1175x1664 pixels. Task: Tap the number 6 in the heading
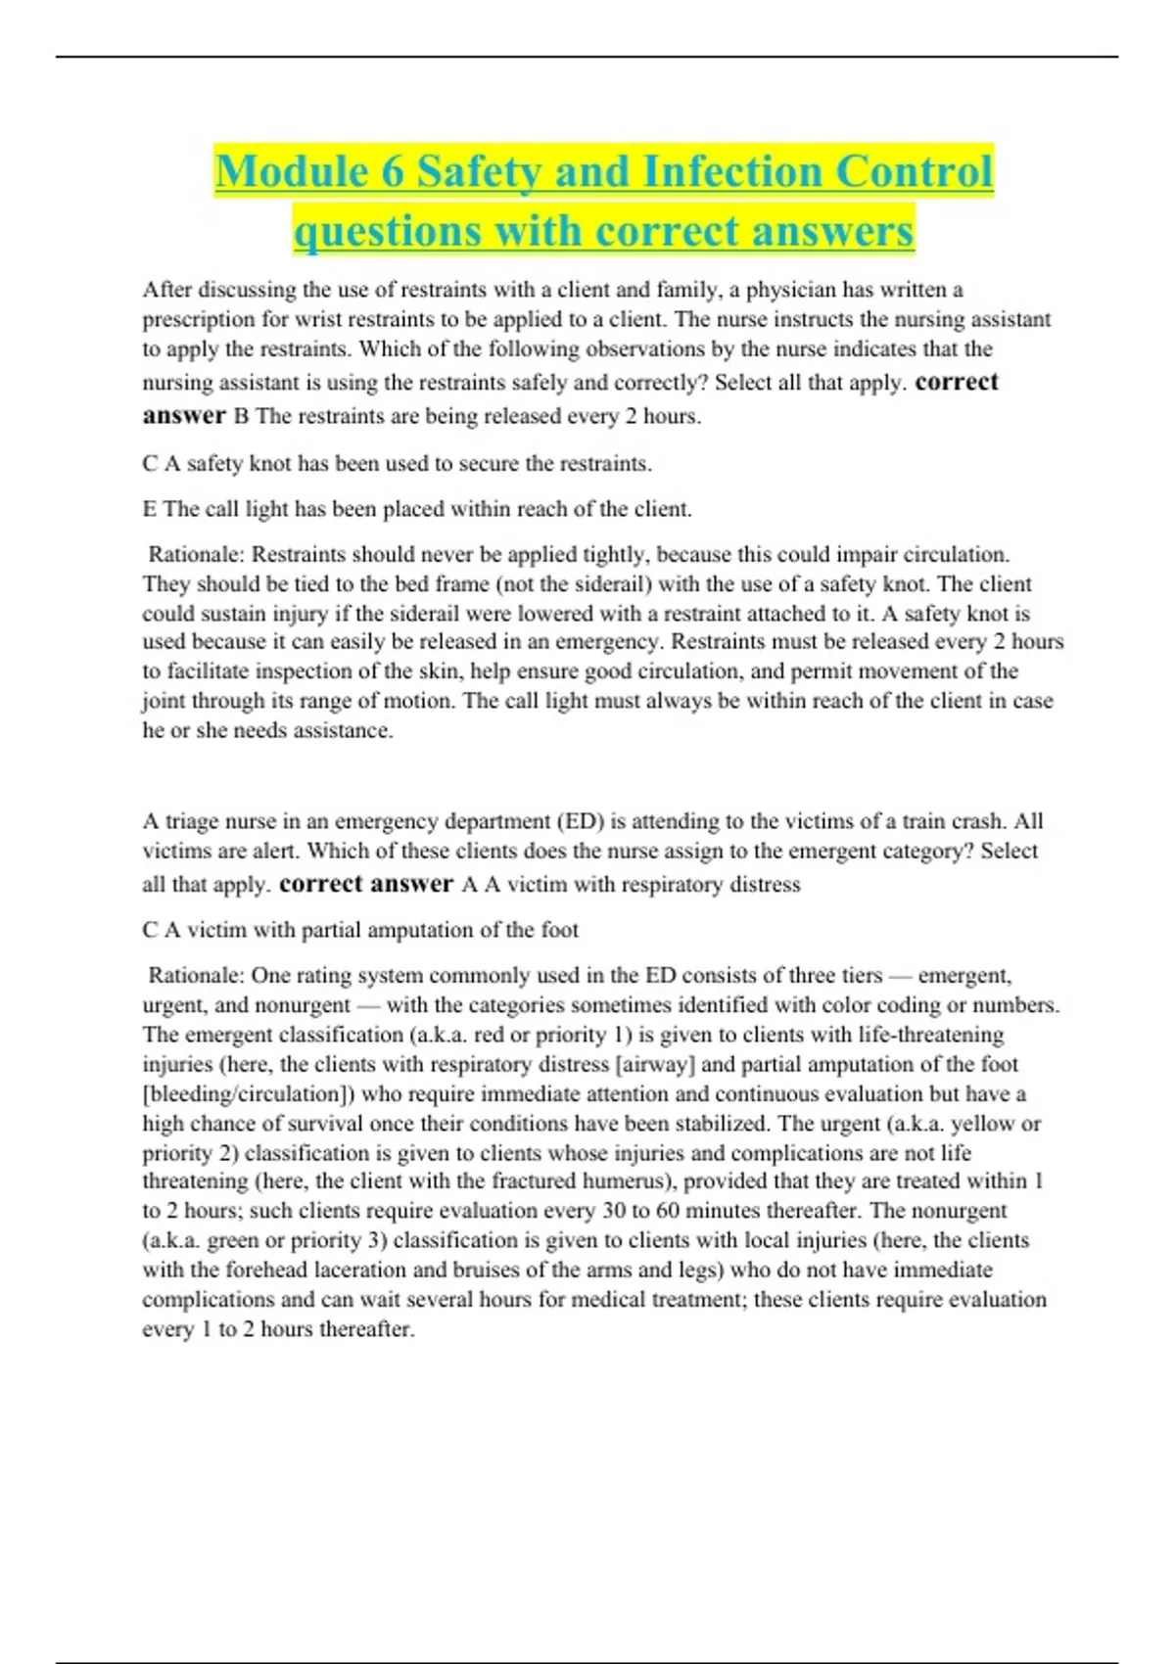click(x=393, y=172)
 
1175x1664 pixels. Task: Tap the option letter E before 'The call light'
click(x=149, y=509)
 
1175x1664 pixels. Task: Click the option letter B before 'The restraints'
click(x=241, y=416)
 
